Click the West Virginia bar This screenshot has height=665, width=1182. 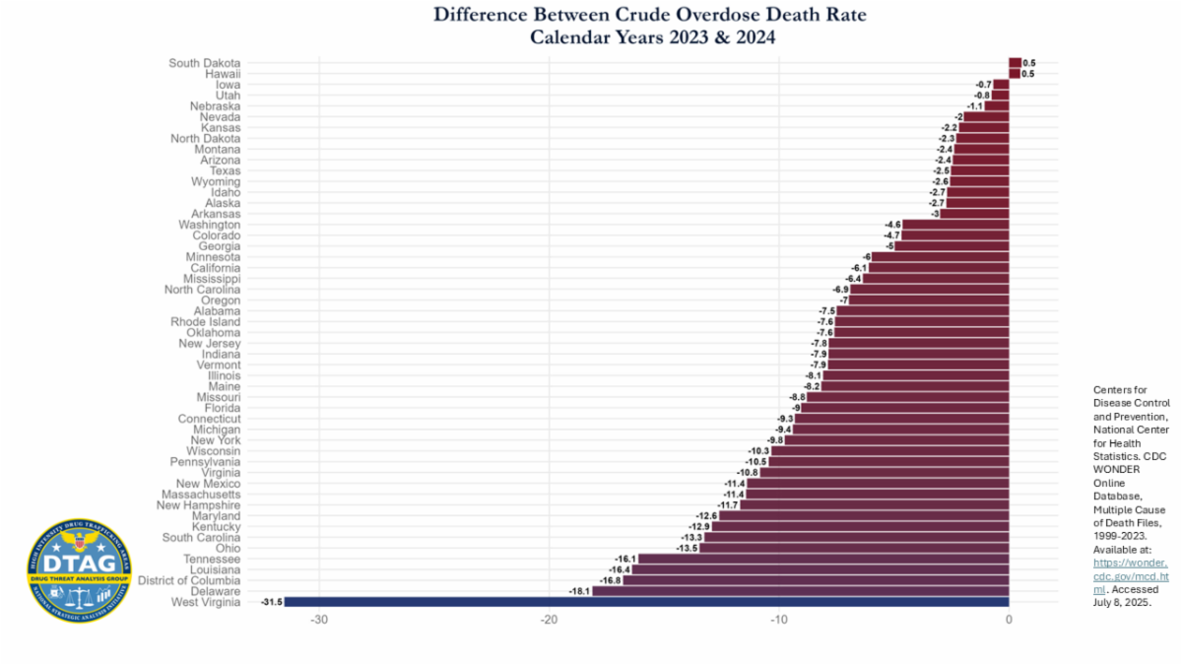click(646, 602)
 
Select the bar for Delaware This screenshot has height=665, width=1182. click(800, 591)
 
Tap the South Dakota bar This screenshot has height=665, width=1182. click(1015, 63)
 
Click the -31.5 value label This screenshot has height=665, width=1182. click(271, 602)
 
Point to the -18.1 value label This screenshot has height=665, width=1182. click(579, 591)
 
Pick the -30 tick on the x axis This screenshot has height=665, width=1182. click(319, 620)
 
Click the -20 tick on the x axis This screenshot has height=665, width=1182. click(550, 620)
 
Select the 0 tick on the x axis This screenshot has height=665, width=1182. click(1009, 620)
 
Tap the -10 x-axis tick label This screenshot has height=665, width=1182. click(778, 620)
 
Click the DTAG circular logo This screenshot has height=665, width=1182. click(79, 571)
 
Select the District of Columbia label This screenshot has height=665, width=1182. click(189, 580)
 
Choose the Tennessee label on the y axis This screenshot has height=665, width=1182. click(212, 559)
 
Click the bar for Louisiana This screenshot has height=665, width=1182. click(820, 569)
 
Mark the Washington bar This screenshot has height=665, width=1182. click(955, 225)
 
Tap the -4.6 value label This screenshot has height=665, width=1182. click(892, 225)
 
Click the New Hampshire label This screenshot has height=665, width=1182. click(198, 505)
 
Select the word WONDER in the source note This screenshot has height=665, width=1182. click(1117, 469)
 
